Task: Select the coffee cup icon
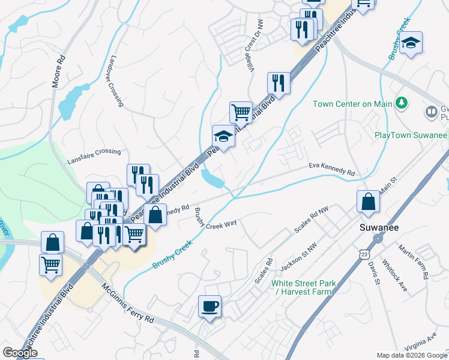[x=209, y=307]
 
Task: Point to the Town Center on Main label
[x=352, y=104]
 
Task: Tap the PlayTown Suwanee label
[x=411, y=135]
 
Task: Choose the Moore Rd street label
[x=58, y=71]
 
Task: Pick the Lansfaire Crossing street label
[x=94, y=152]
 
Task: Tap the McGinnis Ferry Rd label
[x=128, y=304]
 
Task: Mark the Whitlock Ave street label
[x=395, y=278]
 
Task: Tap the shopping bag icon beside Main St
[x=368, y=202]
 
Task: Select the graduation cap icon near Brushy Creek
[x=411, y=43]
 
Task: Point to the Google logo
[x=19, y=353]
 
